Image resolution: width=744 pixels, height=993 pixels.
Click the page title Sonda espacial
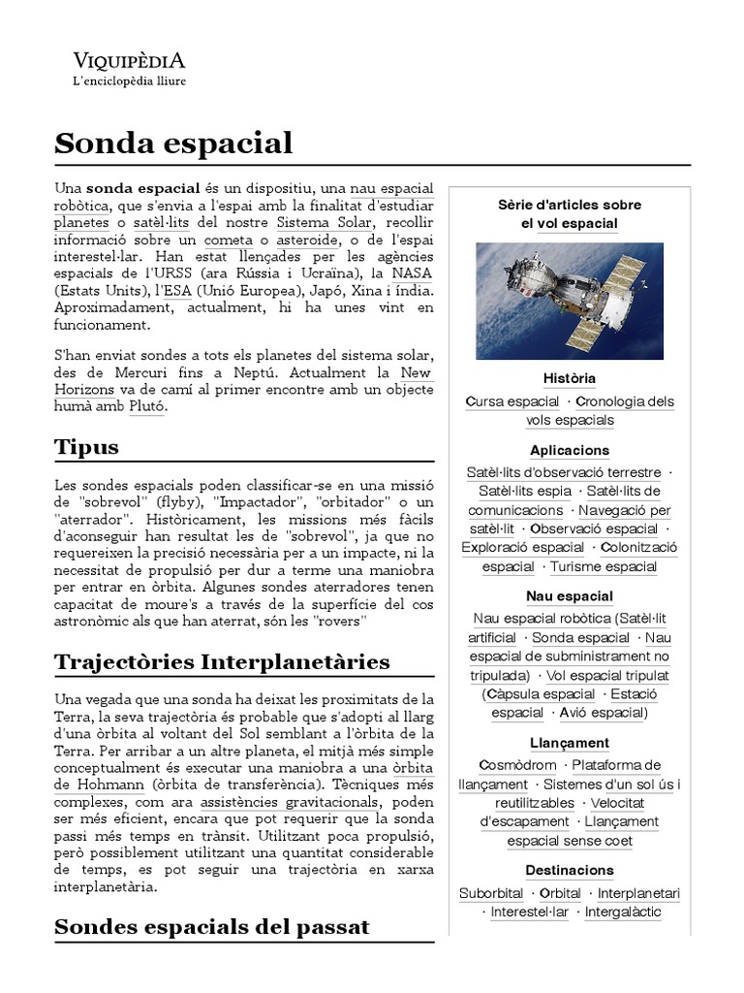click(x=173, y=143)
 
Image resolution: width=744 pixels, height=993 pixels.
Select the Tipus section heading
click(x=87, y=446)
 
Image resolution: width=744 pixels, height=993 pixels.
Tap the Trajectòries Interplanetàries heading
click(x=222, y=661)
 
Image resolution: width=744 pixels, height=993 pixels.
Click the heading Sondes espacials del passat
click(x=212, y=926)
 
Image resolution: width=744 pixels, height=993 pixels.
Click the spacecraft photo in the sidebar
click(x=570, y=301)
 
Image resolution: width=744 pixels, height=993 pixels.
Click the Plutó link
click(x=147, y=406)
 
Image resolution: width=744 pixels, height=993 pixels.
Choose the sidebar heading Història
click(x=570, y=377)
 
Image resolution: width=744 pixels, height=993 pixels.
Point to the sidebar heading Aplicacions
click(x=570, y=450)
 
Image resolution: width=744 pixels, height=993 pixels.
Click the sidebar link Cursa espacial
click(x=512, y=401)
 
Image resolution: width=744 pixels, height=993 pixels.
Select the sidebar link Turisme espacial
click(x=604, y=566)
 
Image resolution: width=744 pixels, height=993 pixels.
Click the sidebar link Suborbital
click(x=491, y=893)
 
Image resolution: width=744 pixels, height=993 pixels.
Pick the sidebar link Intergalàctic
click(x=622, y=912)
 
